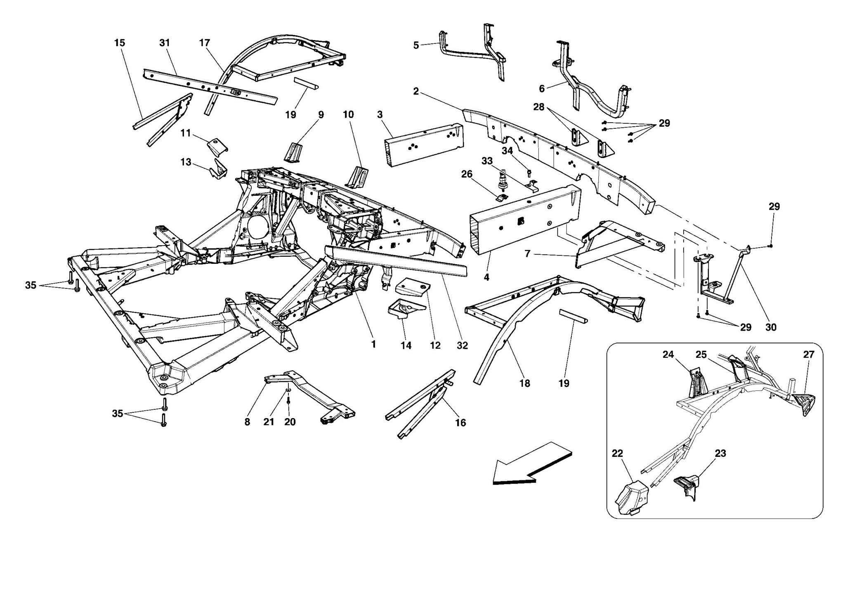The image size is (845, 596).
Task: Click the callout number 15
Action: tap(120, 43)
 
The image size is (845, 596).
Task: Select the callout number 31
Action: tap(165, 43)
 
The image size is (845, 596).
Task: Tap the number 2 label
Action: tap(416, 91)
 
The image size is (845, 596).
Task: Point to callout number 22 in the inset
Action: tap(617, 453)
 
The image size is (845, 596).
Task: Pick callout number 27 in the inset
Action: tap(809, 355)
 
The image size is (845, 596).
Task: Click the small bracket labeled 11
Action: tap(217, 146)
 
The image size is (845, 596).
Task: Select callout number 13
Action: tap(186, 162)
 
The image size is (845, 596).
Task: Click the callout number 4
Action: tap(486, 277)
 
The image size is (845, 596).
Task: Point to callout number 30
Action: tap(771, 327)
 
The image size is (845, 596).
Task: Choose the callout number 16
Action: tap(460, 423)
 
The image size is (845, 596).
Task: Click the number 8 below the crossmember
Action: tap(247, 422)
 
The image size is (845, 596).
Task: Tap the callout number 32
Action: tap(462, 345)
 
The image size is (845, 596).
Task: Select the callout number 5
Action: tap(416, 45)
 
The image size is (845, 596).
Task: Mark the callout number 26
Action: tap(467, 174)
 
